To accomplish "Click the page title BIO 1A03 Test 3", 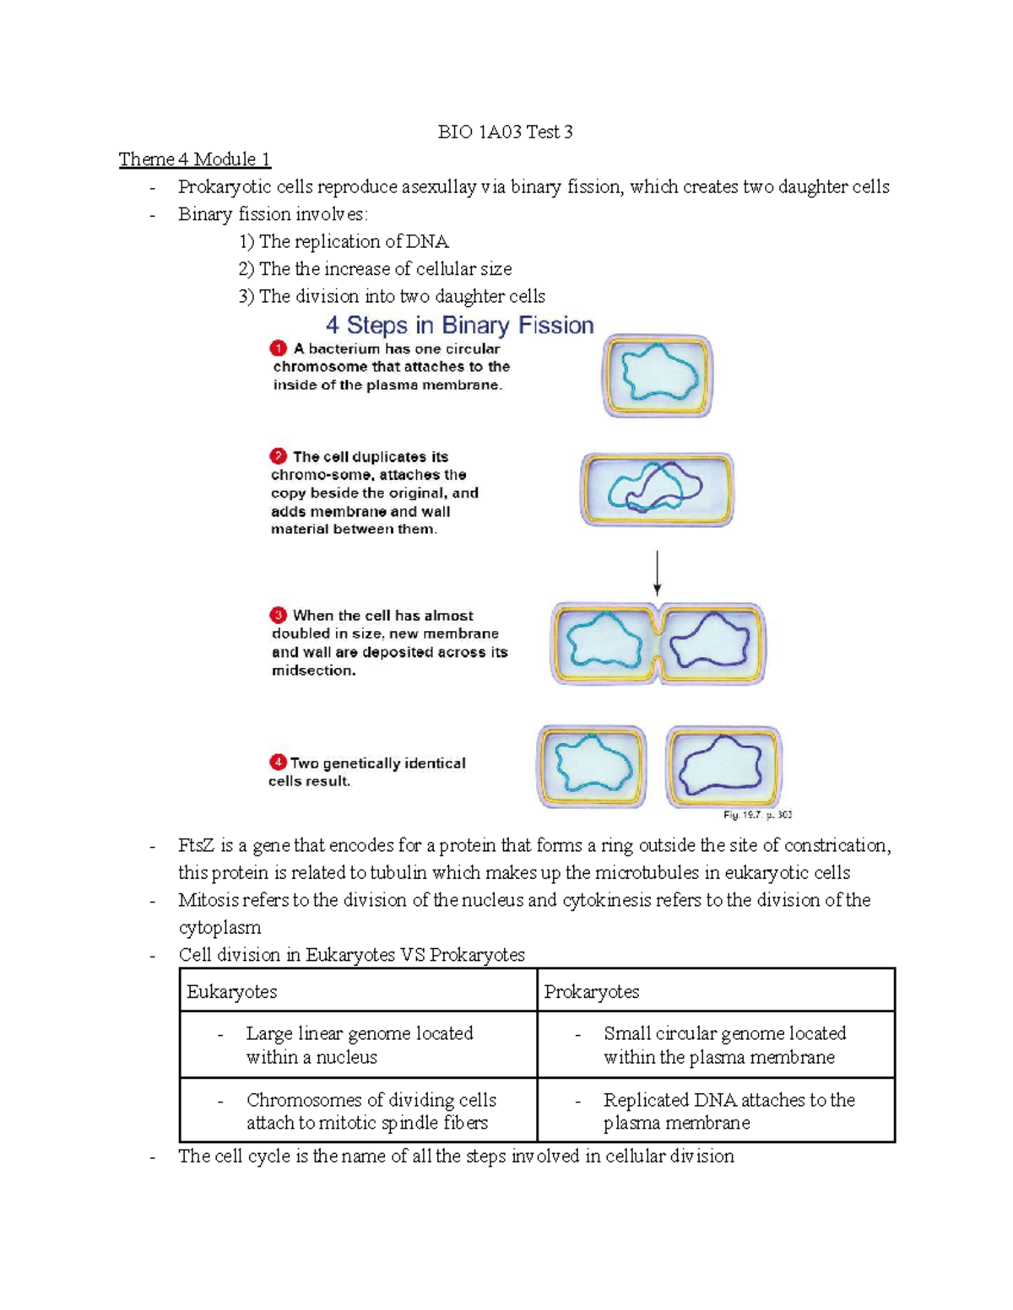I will tap(505, 132).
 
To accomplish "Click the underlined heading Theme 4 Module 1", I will tap(194, 159).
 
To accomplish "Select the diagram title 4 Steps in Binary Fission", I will tap(459, 326).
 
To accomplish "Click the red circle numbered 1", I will tap(279, 348).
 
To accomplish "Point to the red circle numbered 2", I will tap(279, 456).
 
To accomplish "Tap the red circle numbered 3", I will tap(279, 615).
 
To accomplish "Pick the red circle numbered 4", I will tap(278, 763).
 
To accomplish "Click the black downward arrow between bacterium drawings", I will tap(657, 574).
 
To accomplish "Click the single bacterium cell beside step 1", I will tap(658, 375).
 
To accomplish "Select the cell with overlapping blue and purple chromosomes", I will tap(656, 489).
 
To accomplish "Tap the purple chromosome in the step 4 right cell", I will tap(723, 766).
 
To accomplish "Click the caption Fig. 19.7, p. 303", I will tap(757, 815).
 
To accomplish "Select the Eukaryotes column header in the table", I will tap(231, 992).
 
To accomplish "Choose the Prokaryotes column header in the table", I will tap(591, 992).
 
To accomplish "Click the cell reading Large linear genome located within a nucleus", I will tap(359, 1045).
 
